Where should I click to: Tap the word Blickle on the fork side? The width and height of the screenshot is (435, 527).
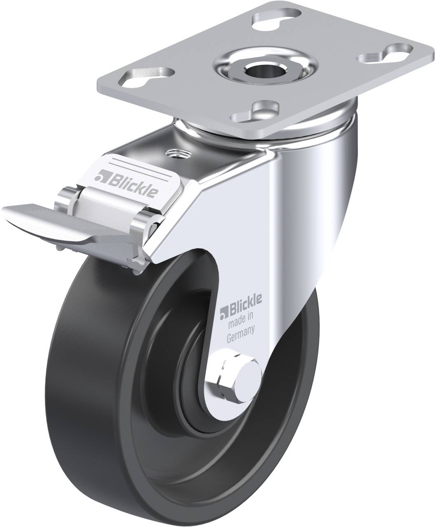(x=245, y=305)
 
